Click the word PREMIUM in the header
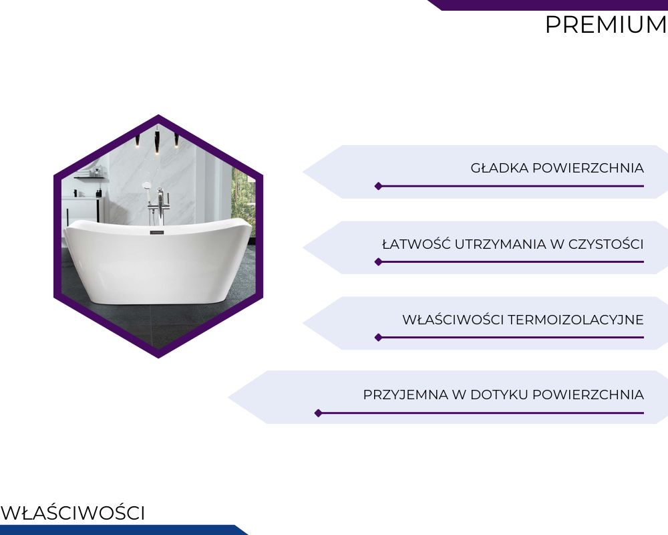[607, 25]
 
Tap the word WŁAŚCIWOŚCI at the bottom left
[73, 513]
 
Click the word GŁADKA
[499, 168]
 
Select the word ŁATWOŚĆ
[415, 244]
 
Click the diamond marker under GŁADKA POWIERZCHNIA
[378, 186]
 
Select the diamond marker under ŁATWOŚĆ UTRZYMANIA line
[378, 261]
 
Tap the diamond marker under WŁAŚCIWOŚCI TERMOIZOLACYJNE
[378, 338]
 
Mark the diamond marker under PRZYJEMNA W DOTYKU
[318, 413]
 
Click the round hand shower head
[146, 186]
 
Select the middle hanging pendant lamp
[157, 141]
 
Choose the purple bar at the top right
[548, 5]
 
